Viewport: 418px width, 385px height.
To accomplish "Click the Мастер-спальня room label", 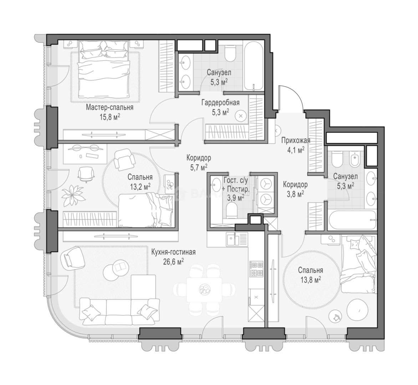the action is coord(109,108).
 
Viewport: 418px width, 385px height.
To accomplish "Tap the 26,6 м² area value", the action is coord(173,262).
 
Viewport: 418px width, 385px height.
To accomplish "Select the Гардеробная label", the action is coord(220,102).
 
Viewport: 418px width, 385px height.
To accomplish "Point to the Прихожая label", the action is coord(296,140).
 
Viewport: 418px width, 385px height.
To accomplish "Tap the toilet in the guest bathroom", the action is coord(231,210).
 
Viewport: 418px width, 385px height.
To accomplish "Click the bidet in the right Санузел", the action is coord(355,159).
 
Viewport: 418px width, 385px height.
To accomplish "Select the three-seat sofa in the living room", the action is coord(120,311).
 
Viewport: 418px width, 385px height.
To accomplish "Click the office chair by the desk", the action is coord(86,175).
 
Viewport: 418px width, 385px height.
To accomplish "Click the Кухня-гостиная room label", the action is coord(173,252).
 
